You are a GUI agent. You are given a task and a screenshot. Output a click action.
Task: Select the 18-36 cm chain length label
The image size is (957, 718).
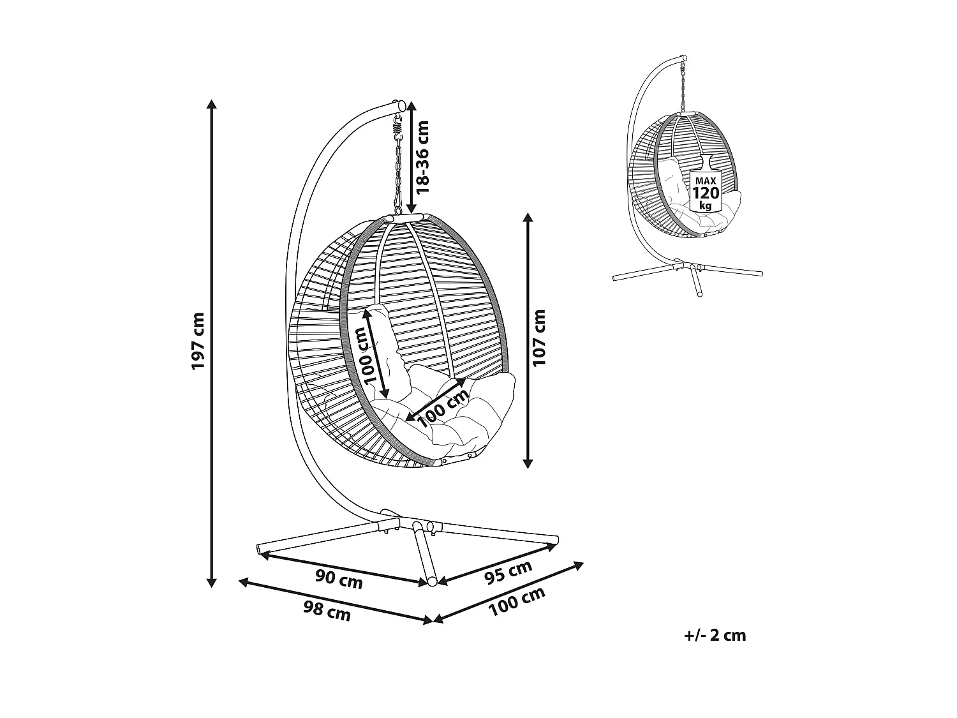pos(422,157)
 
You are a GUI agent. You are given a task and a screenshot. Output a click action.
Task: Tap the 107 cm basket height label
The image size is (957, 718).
pos(539,338)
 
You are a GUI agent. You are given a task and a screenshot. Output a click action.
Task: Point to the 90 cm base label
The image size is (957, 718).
pos(339,580)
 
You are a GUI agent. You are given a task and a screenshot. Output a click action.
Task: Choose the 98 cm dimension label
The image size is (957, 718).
pos(327,611)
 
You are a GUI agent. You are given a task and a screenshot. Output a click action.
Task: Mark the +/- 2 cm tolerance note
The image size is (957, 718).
pos(715,636)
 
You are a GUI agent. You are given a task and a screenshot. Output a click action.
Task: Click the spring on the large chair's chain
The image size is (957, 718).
pos(397,126)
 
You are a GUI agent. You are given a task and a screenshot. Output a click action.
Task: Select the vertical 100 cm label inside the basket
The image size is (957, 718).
pos(366,356)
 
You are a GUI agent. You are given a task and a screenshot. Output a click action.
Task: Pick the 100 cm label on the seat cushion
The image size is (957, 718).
pos(443,408)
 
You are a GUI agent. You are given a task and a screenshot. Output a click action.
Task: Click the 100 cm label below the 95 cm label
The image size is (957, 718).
pos(517,602)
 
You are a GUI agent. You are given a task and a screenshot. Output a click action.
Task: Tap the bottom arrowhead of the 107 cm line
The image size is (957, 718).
pos(528,463)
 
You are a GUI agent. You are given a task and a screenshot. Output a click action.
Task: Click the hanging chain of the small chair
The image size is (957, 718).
pos(683,87)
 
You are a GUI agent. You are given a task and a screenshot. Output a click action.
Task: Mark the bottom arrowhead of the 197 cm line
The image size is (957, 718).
pos(211,582)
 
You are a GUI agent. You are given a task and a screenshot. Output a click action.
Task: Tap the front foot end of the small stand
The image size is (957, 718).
pos(700,294)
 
